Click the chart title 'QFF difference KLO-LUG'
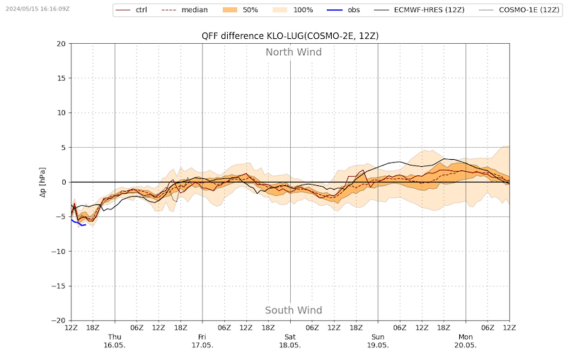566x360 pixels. coord(253,36)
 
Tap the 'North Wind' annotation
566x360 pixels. coord(294,52)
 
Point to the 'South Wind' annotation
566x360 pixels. coord(294,310)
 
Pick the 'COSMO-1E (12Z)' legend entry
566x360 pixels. coord(519,10)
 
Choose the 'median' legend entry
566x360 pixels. coord(184,10)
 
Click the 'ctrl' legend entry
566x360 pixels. coord(131,10)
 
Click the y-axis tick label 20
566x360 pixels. coord(62,44)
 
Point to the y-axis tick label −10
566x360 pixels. coord(59,251)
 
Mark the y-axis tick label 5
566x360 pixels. coord(64,148)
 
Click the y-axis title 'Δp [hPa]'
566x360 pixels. coord(42,182)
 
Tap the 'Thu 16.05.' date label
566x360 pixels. coord(115,341)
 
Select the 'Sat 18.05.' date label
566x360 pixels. coord(290,341)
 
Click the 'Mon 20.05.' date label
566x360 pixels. coord(466,341)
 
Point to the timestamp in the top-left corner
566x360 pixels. coord(37,8)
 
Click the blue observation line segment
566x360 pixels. coord(78,223)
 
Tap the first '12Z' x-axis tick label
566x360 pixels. coord(71,327)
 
